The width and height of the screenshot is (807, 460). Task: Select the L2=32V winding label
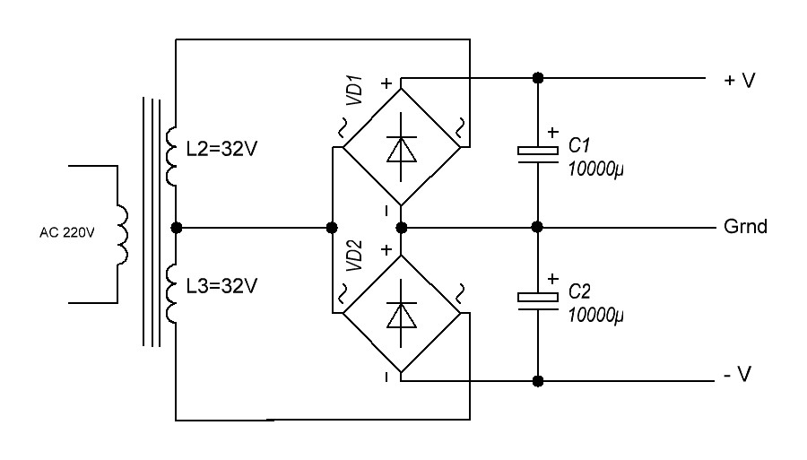point(222,149)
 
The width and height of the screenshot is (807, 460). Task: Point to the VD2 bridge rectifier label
point(355,256)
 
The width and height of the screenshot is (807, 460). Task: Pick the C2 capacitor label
point(580,293)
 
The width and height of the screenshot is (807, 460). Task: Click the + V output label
point(740,81)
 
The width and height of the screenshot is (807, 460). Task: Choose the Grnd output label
point(745,227)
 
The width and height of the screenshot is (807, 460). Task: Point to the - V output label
point(738,375)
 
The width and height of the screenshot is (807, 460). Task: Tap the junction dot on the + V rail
point(537,77)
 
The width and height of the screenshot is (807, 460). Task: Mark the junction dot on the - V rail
point(537,380)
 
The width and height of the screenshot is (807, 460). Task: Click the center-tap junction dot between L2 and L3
point(177,227)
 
